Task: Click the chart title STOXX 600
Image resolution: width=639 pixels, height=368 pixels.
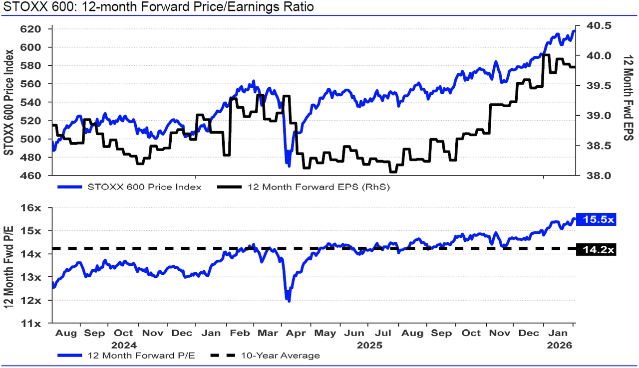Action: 159,7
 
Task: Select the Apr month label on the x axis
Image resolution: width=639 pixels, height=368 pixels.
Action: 297,333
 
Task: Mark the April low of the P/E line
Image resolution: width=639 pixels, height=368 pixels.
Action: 289,301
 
